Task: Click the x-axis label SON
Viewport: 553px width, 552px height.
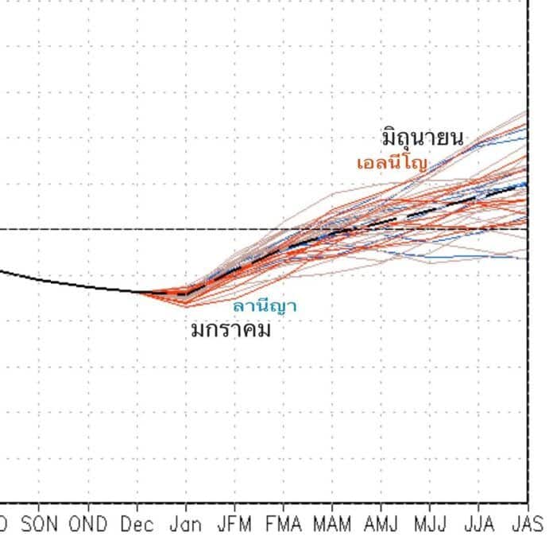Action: click(x=40, y=525)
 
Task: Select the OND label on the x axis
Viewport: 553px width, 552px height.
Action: click(x=88, y=525)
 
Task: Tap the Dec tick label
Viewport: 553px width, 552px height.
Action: click(x=137, y=525)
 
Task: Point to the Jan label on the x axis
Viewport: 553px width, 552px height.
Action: click(x=186, y=525)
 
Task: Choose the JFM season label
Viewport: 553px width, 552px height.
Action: click(x=234, y=525)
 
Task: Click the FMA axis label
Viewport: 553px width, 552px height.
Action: click(x=284, y=525)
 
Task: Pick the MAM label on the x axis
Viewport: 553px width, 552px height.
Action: click(x=332, y=525)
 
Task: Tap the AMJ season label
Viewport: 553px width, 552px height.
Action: click(x=381, y=525)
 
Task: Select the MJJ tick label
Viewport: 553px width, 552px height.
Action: click(x=430, y=525)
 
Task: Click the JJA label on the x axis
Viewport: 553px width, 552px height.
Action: click(x=478, y=525)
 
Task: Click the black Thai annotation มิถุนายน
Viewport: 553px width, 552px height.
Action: click(x=422, y=138)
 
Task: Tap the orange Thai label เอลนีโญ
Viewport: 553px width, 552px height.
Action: click(x=392, y=164)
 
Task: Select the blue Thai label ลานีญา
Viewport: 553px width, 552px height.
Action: click(x=265, y=305)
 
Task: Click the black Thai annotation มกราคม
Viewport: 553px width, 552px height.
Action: click(x=231, y=328)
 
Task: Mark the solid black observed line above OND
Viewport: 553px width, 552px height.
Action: click(x=88, y=286)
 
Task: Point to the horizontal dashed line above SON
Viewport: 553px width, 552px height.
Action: click(x=40, y=229)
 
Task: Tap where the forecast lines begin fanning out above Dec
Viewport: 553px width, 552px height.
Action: click(x=138, y=292)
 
